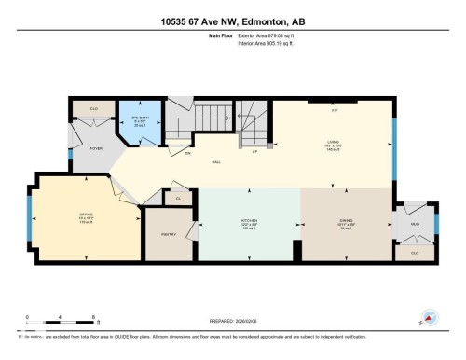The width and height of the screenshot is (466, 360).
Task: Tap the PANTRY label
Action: (168, 235)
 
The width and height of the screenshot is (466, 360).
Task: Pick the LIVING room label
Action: (334, 143)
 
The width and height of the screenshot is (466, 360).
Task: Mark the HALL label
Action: (215, 161)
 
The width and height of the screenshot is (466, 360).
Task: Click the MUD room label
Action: (415, 224)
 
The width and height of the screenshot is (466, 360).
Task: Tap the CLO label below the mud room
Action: (415, 252)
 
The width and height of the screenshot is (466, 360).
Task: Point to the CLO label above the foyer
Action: (94, 109)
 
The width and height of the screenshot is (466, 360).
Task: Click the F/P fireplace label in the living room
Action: (334, 109)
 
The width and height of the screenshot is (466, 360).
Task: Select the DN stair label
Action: (187, 152)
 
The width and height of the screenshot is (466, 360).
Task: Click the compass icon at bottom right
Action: (430, 316)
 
